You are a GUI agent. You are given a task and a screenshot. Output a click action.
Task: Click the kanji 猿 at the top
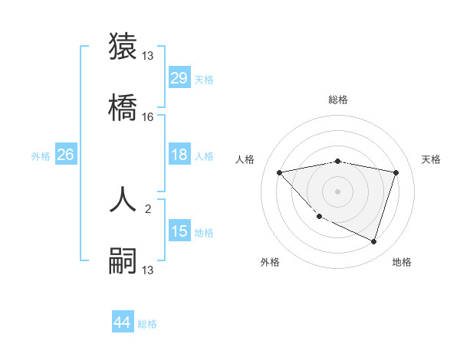(x=123, y=46)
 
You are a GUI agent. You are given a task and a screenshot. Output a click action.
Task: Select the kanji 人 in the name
(x=123, y=198)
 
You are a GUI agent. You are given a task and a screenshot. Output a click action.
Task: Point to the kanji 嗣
(x=123, y=260)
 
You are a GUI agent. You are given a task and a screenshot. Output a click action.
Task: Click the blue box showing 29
(x=179, y=78)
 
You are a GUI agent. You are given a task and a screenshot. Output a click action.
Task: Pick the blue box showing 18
(x=179, y=155)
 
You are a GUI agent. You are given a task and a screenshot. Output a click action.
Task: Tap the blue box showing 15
(x=179, y=231)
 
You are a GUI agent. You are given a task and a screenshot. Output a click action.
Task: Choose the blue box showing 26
(x=65, y=155)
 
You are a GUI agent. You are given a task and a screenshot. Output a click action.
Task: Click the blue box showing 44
(x=123, y=322)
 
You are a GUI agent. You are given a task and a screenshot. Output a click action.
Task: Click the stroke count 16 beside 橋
(x=148, y=117)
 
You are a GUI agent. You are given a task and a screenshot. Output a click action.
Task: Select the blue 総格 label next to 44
(x=148, y=324)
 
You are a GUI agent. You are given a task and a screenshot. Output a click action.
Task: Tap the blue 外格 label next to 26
(x=41, y=156)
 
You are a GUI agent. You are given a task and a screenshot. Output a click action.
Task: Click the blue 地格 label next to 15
(x=205, y=233)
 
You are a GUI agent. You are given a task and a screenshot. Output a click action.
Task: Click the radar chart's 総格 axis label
(x=338, y=100)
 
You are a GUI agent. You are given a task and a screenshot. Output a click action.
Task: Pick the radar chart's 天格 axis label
(x=431, y=159)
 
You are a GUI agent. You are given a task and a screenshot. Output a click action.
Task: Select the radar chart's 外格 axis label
(x=270, y=262)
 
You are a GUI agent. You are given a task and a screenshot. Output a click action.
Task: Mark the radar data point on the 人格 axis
(x=280, y=172)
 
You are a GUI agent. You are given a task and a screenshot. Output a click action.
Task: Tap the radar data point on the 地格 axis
(x=373, y=241)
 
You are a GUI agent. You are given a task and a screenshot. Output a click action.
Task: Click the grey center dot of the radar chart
(x=338, y=191)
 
